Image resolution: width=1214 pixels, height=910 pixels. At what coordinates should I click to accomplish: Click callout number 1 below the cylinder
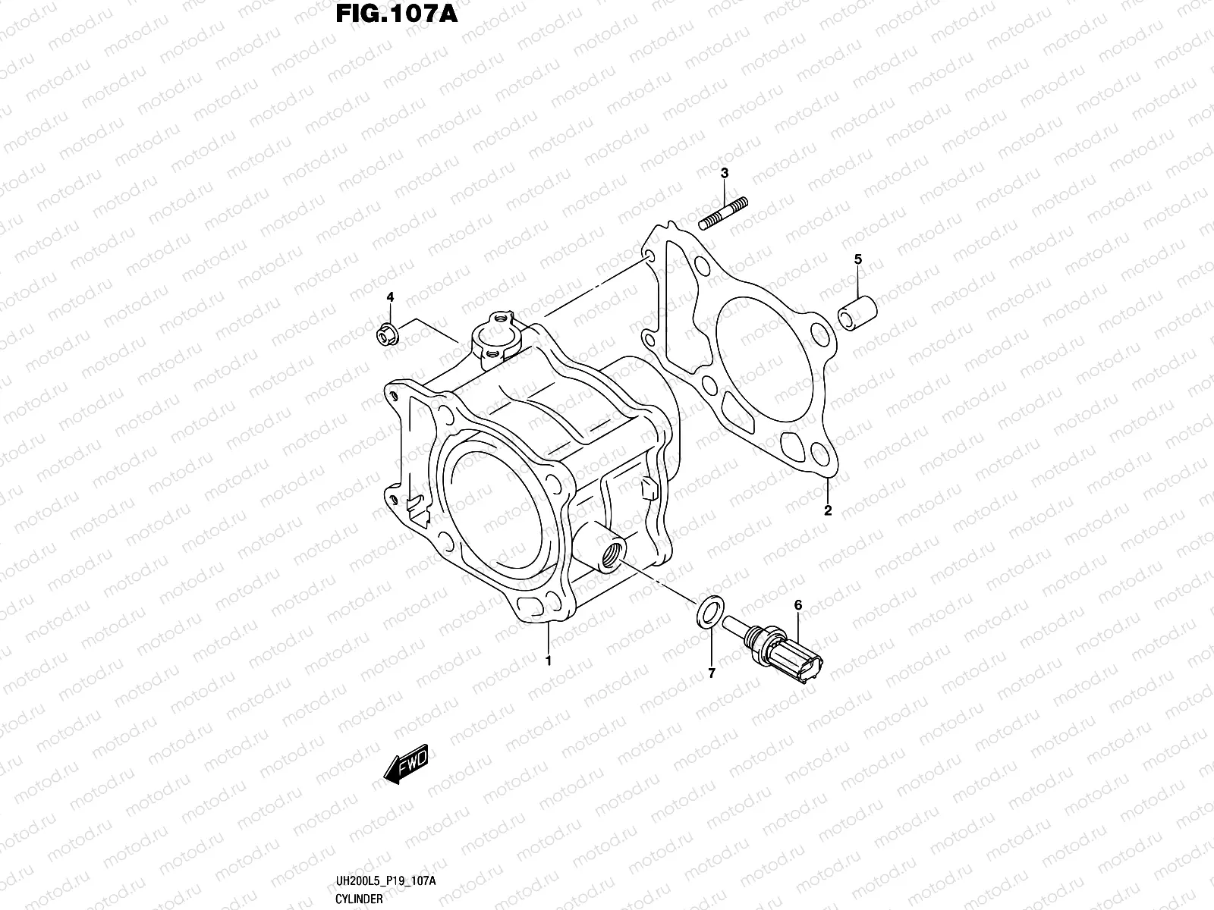click(548, 661)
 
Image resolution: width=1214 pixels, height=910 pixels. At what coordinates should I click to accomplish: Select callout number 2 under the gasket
click(828, 510)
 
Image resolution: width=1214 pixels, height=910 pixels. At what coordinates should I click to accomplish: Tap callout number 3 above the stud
click(725, 174)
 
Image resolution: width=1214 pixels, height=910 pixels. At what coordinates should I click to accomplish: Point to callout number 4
click(390, 297)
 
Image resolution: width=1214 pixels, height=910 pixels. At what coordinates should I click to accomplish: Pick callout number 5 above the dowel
click(858, 260)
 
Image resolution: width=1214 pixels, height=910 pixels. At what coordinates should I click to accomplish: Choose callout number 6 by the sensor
click(797, 605)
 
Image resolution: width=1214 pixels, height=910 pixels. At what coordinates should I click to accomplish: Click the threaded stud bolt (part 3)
click(723, 212)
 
